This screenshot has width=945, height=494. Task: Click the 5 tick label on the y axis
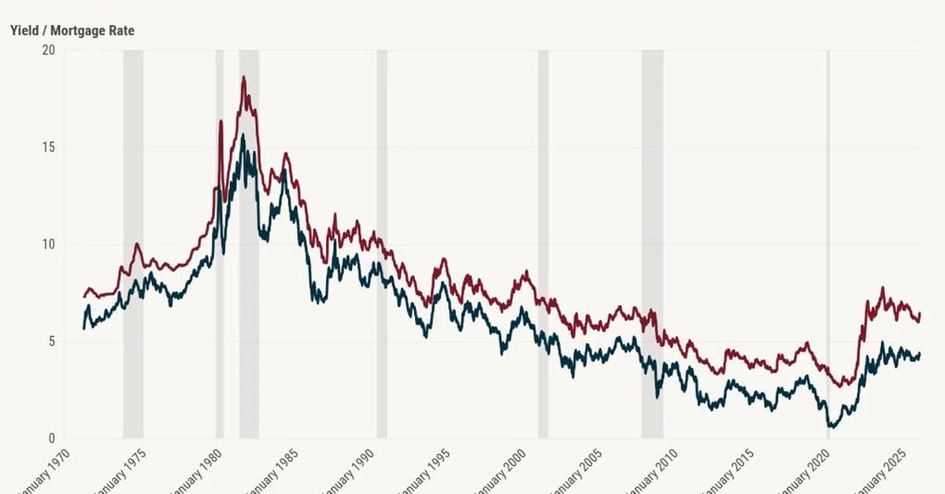tap(51, 341)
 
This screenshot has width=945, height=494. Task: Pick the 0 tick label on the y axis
tap(51, 438)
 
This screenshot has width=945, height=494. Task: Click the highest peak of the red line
tap(243, 77)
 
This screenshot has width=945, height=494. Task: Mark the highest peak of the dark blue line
tap(243, 135)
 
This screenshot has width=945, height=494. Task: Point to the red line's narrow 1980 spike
tap(220, 121)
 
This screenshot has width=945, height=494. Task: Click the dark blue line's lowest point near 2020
tap(829, 426)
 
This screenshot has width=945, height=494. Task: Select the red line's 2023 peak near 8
tap(882, 288)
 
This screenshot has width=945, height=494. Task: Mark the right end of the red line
tap(919, 313)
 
